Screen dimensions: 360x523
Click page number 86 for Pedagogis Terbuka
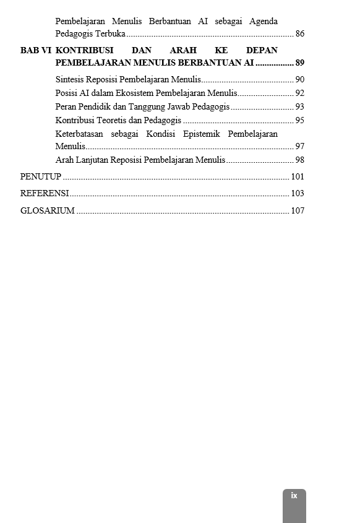pos(299,34)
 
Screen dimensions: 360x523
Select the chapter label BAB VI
pos(35,50)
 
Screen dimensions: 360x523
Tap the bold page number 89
pos(299,63)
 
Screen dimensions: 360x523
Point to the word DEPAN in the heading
pos(262,50)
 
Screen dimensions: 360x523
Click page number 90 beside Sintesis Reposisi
pos(299,79)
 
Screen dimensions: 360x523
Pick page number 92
pos(299,93)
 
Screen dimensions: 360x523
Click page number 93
pos(299,106)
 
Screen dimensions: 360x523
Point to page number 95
pos(299,120)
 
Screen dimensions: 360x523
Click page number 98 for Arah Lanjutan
pos(299,160)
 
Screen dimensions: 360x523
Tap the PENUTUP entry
pos(41,176)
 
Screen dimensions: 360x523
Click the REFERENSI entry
pos(45,193)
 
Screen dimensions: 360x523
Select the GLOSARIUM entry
pos(48,210)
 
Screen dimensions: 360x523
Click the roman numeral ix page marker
pos(294,496)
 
